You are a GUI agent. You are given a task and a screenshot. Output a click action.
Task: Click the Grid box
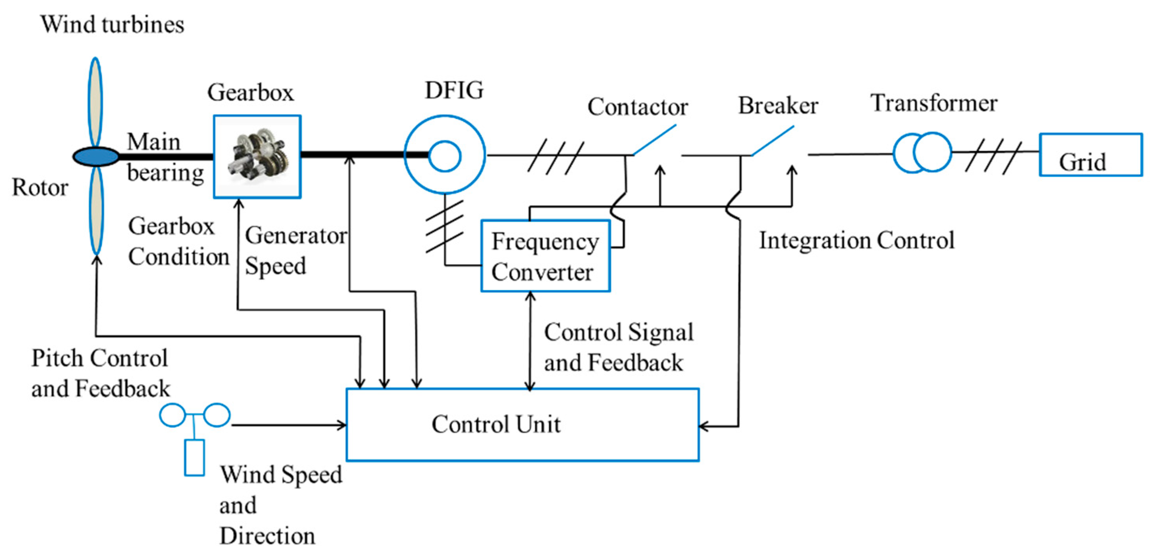pos(1090,155)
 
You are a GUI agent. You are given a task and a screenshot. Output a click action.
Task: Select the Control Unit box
pos(522,424)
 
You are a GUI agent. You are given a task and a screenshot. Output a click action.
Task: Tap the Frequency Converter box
pos(545,256)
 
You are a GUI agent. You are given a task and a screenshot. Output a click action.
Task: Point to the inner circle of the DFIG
pos(445,156)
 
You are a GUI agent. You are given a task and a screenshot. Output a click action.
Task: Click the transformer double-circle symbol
pos(922,153)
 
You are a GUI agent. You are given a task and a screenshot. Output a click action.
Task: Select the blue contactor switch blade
pos(654,140)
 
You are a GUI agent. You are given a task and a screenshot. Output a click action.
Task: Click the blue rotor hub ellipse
pos(96,157)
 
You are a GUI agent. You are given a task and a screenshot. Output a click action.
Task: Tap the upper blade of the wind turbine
pos(95,102)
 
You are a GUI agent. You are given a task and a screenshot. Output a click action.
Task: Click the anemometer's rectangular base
pos(194,458)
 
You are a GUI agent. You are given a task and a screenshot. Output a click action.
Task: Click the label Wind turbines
pos(112,24)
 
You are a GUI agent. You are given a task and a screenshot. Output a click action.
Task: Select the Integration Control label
pos(856,241)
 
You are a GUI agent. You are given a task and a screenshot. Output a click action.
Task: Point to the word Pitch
pos(57,358)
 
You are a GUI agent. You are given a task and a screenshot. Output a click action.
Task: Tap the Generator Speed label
pos(295,251)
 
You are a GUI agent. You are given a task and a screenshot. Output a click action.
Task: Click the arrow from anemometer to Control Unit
pos(289,425)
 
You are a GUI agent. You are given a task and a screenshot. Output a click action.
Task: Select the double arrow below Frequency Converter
pos(530,340)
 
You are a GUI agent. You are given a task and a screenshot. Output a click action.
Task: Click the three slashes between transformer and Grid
pos(993,157)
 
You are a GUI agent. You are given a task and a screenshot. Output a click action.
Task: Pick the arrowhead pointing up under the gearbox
pos(239,204)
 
